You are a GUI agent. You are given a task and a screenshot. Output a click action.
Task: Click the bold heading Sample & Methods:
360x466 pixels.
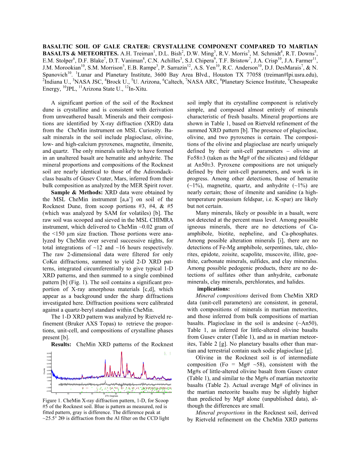(77, 192)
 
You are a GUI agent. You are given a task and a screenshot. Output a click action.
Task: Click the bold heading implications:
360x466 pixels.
(214, 289)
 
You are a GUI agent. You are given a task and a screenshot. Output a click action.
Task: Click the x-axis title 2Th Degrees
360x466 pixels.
(112, 396)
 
